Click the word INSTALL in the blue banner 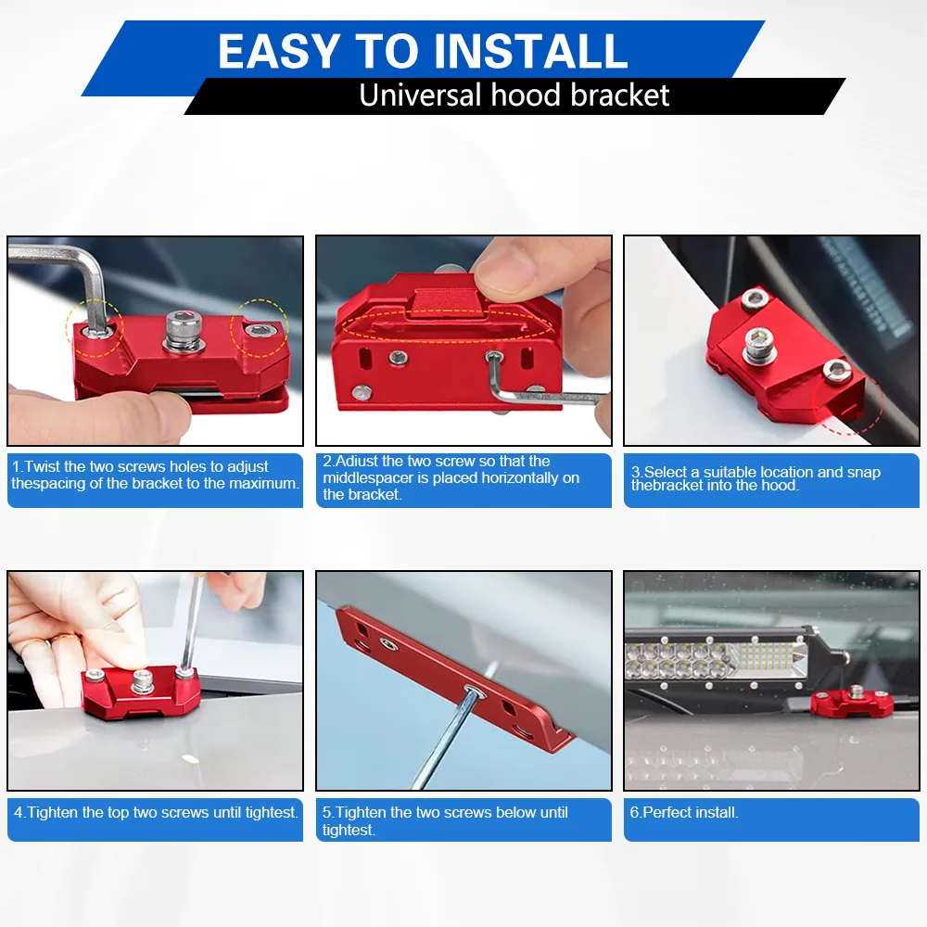pos(530,51)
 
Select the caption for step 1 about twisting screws pos(155,475)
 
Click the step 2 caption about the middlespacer pos(451,477)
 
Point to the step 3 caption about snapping pos(756,479)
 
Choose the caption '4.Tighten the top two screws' pos(156,812)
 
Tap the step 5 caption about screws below pos(445,820)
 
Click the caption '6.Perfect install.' pos(684,812)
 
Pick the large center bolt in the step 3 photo pos(759,343)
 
